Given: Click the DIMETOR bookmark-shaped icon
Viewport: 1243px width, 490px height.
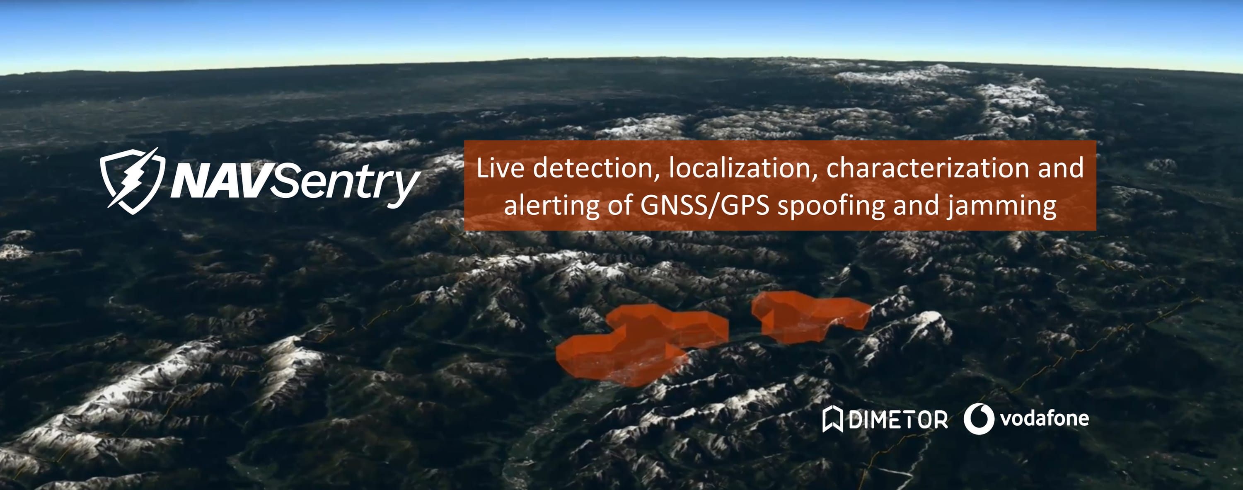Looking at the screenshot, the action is click(832, 419).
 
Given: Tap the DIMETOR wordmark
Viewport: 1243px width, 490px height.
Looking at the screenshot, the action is click(897, 420).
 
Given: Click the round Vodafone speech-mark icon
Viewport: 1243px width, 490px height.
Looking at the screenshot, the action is click(979, 419).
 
